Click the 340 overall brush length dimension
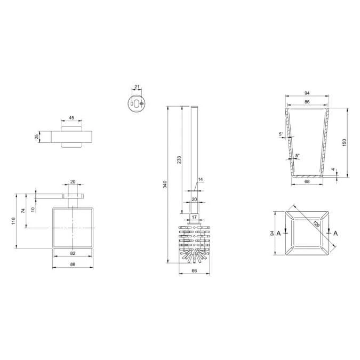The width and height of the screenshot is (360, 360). (x=165, y=185)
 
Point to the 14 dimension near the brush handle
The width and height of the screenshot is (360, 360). (x=201, y=179)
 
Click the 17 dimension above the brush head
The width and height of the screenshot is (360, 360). (x=194, y=217)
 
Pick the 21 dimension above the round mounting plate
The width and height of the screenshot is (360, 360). (x=137, y=87)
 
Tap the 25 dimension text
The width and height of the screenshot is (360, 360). (x=37, y=137)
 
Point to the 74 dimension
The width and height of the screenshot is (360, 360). (x=23, y=211)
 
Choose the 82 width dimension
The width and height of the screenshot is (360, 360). (x=73, y=253)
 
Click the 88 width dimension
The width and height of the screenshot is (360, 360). (x=73, y=263)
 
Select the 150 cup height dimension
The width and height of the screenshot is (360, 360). (x=345, y=142)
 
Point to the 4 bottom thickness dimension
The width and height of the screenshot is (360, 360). (x=334, y=171)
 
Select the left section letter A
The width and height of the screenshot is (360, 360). (x=278, y=233)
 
